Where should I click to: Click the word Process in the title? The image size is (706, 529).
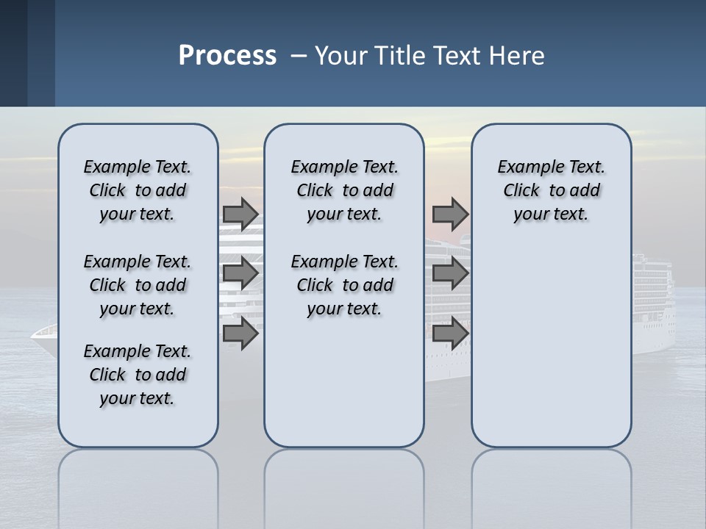(x=227, y=55)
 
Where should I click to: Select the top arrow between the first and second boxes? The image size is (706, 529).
(x=240, y=214)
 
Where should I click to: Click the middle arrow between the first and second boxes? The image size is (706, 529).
(x=240, y=273)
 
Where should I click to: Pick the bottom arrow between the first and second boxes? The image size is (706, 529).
(x=240, y=333)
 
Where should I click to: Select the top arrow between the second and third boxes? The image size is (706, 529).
(x=450, y=214)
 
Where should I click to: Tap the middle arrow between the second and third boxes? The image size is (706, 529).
(x=450, y=273)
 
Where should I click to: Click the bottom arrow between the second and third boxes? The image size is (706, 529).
(x=450, y=333)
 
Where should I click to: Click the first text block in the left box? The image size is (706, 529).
(x=138, y=190)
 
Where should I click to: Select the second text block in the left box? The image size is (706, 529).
(x=138, y=285)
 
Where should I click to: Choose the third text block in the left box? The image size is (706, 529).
(x=138, y=375)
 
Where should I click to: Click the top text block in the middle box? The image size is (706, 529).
(x=344, y=190)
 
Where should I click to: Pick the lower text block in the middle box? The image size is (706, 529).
(x=344, y=285)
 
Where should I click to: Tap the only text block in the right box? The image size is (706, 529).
(x=551, y=190)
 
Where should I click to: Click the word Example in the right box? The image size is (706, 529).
(x=523, y=168)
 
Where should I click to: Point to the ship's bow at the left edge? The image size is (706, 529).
(x=43, y=334)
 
